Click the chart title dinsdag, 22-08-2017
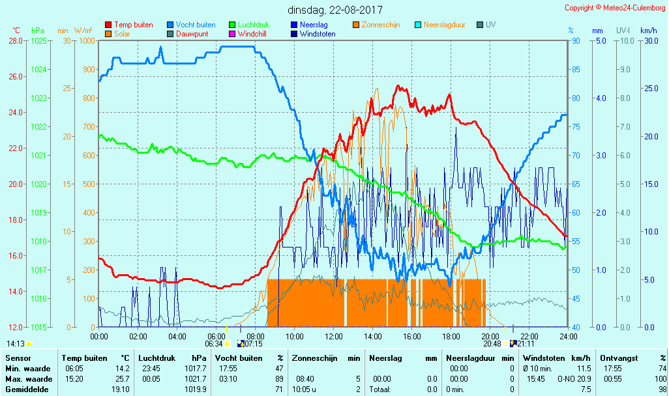click(x=335, y=10)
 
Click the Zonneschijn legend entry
click(x=381, y=25)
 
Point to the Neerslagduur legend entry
click(x=444, y=25)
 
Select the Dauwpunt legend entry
click(x=194, y=33)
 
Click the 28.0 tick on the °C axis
click(x=16, y=41)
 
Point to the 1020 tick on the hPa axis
click(x=38, y=184)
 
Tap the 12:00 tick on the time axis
click(x=334, y=336)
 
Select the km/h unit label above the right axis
click(x=648, y=31)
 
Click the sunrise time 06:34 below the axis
click(x=214, y=344)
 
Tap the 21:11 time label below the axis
click(x=526, y=344)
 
